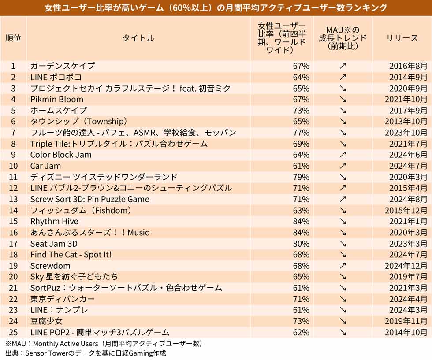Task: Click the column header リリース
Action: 402,38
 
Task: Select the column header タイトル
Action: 138,38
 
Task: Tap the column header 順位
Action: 13,38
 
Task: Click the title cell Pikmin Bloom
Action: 57,99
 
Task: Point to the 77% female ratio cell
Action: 301,133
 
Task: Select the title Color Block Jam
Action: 61,155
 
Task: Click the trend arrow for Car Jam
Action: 343,166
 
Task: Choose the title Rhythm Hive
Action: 54,221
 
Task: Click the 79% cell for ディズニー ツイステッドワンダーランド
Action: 301,177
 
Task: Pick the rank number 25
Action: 13,332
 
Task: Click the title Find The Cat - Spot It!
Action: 71,255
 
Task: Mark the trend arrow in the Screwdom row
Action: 343,266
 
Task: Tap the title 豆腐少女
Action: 46,321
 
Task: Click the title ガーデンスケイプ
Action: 63,66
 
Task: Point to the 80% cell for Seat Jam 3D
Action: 301,244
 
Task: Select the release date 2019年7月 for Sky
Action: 408,277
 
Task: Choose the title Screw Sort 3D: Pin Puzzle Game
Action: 89,199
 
